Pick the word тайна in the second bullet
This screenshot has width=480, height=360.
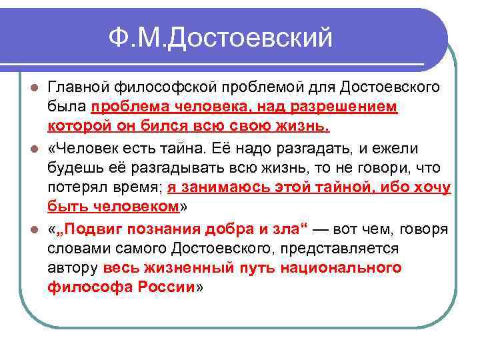pyautogui.click(x=190, y=145)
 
